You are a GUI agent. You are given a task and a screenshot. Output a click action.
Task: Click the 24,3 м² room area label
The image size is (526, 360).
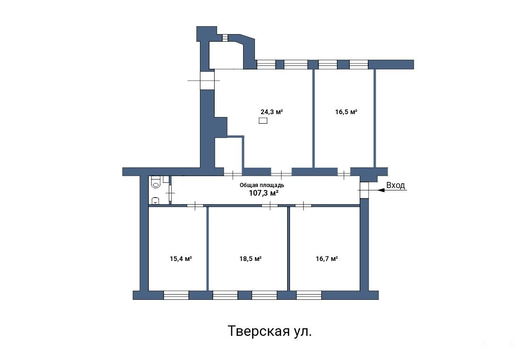click(x=272, y=112)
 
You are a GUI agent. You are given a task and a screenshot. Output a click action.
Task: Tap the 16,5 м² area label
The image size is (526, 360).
click(x=346, y=112)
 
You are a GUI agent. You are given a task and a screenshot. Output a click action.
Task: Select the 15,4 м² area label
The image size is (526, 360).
click(x=181, y=259)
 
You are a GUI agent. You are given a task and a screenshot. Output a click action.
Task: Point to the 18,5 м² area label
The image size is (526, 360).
click(x=251, y=259)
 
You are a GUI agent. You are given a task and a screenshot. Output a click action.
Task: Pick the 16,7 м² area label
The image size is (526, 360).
click(x=327, y=259)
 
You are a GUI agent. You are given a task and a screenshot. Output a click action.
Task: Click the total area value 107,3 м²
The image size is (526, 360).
click(x=263, y=193)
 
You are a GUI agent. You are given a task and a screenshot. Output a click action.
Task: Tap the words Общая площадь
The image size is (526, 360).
click(x=262, y=185)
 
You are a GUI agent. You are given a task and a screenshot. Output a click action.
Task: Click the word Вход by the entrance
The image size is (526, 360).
click(x=396, y=185)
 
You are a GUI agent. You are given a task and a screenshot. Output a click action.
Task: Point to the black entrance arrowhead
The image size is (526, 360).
click(x=381, y=190)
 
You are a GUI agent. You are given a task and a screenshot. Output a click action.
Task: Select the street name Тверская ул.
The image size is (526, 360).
click(x=270, y=331)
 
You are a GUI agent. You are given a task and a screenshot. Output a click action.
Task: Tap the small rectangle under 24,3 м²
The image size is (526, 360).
click(x=263, y=120)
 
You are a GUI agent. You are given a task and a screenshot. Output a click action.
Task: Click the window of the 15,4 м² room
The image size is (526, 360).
click(x=176, y=295)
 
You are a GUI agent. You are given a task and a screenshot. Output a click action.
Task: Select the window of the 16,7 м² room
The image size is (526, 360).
click(x=309, y=295)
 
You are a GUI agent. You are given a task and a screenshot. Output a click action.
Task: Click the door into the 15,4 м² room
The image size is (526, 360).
click(x=195, y=206)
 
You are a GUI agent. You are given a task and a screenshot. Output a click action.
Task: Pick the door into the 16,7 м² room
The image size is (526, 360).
click(x=303, y=206)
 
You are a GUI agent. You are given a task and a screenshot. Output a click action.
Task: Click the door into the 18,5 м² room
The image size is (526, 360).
click(x=270, y=206)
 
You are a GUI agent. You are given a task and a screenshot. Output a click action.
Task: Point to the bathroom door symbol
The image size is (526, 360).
click(x=171, y=193)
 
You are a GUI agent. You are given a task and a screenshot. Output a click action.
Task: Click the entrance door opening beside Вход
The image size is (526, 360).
click(x=364, y=190)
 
